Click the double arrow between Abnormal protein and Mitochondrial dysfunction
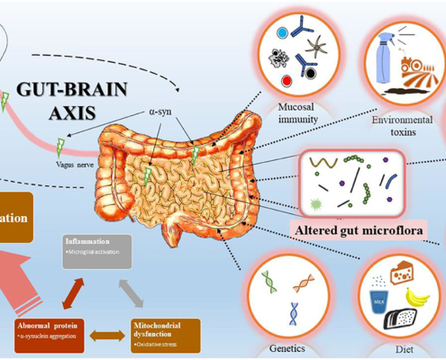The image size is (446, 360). (x=105, y=334)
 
